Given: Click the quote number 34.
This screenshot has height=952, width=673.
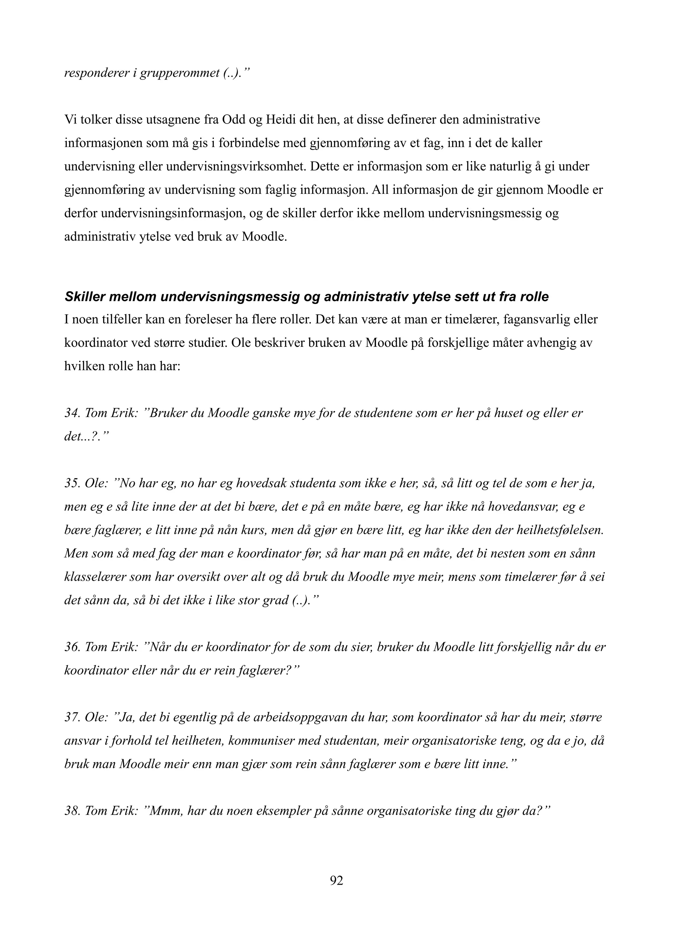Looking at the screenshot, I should [72, 413].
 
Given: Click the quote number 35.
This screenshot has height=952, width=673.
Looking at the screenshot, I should [72, 484].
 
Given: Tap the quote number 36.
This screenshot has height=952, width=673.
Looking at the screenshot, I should [72, 647].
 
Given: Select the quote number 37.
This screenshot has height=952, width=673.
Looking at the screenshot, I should [72, 717].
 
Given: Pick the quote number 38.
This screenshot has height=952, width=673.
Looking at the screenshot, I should [72, 811].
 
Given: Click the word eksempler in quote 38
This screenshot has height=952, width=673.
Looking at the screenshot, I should [282, 811].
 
